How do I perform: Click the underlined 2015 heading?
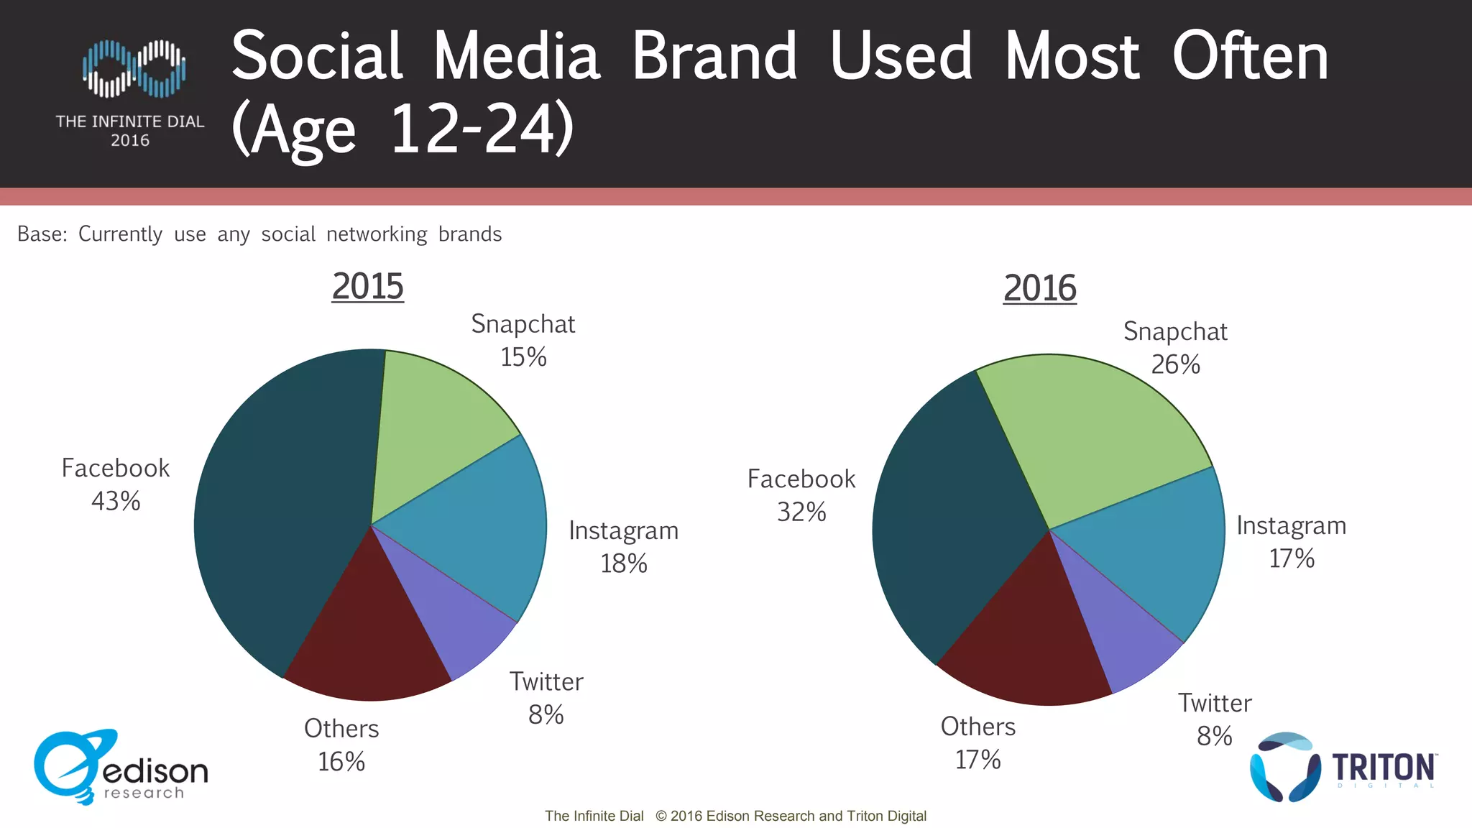pyautogui.click(x=367, y=286)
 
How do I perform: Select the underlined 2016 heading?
pyautogui.click(x=1039, y=288)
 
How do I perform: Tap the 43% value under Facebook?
pyautogui.click(x=116, y=501)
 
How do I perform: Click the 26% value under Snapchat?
pyautogui.click(x=1175, y=364)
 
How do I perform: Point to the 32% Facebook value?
pyautogui.click(x=801, y=512)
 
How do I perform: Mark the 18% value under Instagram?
pyautogui.click(x=624, y=563)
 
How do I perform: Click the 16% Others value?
pyautogui.click(x=341, y=761)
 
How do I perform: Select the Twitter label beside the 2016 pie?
pyautogui.click(x=1215, y=703)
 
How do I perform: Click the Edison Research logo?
pyautogui.click(x=119, y=768)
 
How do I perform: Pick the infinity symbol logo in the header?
pyautogui.click(x=134, y=68)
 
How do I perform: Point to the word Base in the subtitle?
pyautogui.click(x=41, y=234)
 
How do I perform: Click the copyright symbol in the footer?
pyautogui.click(x=661, y=816)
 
